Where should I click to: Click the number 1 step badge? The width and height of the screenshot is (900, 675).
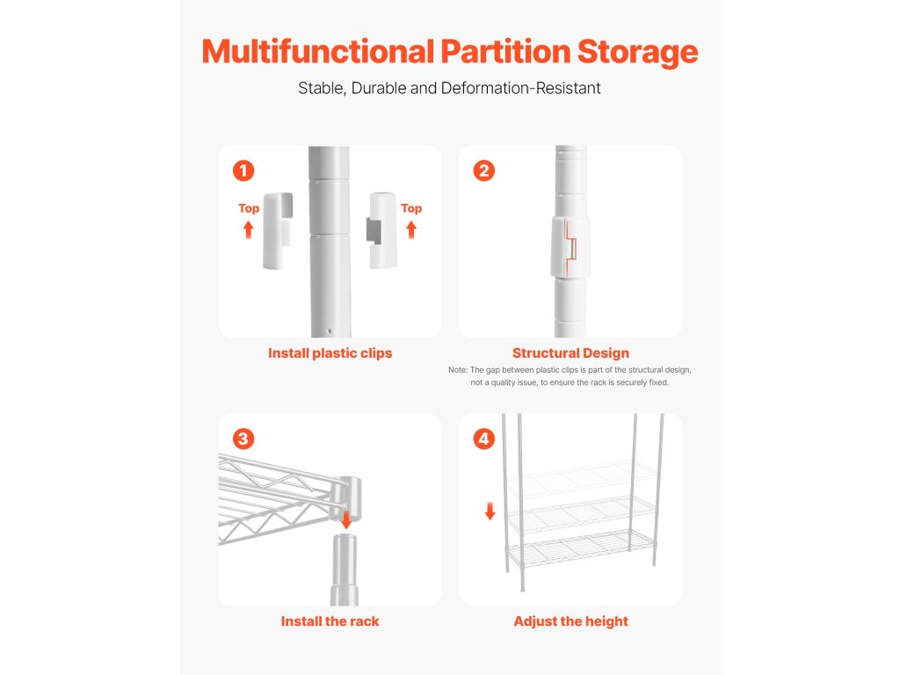click(x=243, y=171)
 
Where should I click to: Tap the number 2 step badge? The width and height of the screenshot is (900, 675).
click(x=484, y=171)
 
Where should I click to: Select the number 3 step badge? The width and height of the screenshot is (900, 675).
click(x=243, y=439)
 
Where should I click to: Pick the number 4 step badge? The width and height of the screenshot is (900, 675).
click(x=484, y=439)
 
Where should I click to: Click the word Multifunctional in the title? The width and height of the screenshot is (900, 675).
click(x=318, y=51)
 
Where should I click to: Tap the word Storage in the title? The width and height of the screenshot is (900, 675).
click(x=638, y=53)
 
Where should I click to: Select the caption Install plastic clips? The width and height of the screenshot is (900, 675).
click(x=330, y=353)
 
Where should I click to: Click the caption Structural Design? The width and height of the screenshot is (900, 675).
click(x=570, y=353)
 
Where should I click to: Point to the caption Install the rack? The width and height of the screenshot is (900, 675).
click(x=330, y=621)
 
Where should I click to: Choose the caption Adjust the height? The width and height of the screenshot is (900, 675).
click(x=570, y=621)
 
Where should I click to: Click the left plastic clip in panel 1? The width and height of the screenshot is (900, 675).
click(x=278, y=231)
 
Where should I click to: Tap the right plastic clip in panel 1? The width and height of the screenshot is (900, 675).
click(x=381, y=230)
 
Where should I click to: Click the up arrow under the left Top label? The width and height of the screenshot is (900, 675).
click(x=248, y=230)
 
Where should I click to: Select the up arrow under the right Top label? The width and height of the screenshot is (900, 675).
click(x=411, y=230)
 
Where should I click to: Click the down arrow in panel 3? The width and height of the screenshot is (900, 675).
click(x=346, y=520)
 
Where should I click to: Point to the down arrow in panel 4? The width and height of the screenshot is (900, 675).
click(x=490, y=512)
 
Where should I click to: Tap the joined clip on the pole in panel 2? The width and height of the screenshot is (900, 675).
click(x=570, y=247)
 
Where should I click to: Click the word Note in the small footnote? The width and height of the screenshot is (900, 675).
click(x=458, y=370)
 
